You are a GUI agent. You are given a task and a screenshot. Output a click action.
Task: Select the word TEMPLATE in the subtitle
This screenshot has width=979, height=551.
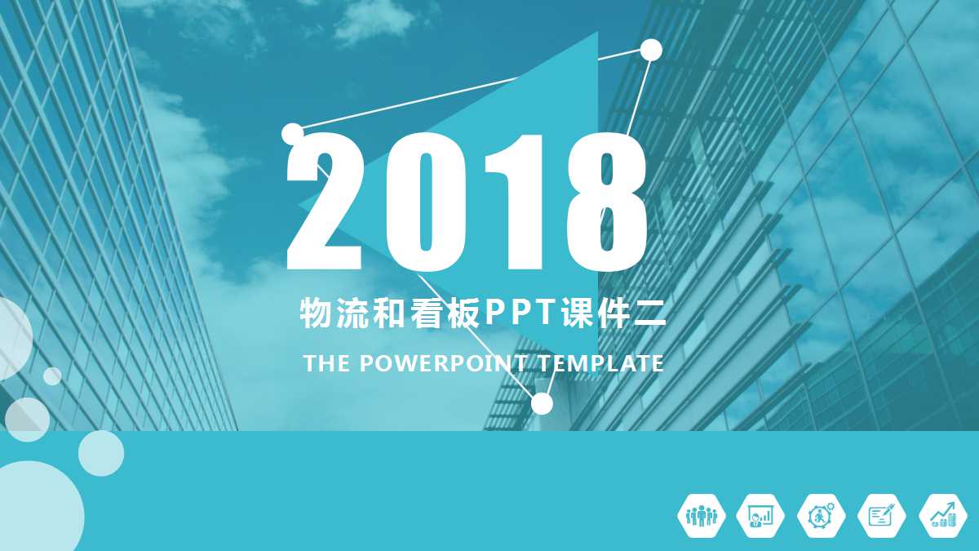pos(601,363)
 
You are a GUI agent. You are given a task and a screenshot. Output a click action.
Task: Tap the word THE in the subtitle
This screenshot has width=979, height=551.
pos(326,363)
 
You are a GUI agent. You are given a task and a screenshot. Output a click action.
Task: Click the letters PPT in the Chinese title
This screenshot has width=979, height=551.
pos(518,313)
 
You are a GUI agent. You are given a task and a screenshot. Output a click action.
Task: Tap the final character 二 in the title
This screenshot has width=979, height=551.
pos(650,313)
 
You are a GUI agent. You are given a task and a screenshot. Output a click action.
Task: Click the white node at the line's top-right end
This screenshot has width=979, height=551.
pos(651,50)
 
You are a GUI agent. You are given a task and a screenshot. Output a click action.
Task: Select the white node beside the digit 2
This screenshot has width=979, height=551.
pos(292,132)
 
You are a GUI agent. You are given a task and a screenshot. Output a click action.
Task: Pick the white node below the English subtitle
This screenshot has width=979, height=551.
pos(542,403)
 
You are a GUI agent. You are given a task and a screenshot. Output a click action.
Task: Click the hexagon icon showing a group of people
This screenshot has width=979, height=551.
pos(701,516)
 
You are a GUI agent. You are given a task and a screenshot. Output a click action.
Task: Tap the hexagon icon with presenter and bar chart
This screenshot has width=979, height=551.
pos(761,516)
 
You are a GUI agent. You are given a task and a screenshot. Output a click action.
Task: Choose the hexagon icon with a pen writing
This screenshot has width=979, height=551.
pos(882,516)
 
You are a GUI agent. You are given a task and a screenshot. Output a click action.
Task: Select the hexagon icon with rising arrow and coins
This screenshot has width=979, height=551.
pos(943,516)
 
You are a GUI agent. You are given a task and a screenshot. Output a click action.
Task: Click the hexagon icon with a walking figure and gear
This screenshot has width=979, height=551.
pos(822,516)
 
